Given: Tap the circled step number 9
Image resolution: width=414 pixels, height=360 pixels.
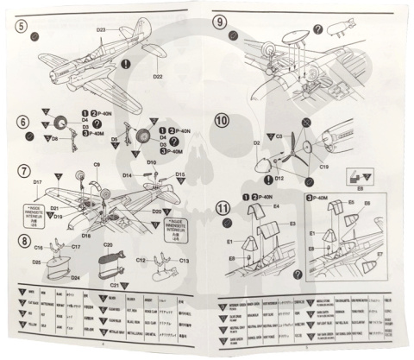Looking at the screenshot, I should point(220,22).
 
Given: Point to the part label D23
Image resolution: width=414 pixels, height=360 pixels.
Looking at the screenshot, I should point(101,30).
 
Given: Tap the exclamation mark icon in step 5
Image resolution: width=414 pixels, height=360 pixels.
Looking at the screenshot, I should point(127,63).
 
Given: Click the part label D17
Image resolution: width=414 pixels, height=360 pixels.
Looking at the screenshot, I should point(38,182).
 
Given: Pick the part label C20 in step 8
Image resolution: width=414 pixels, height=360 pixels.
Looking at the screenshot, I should point(109,245).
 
